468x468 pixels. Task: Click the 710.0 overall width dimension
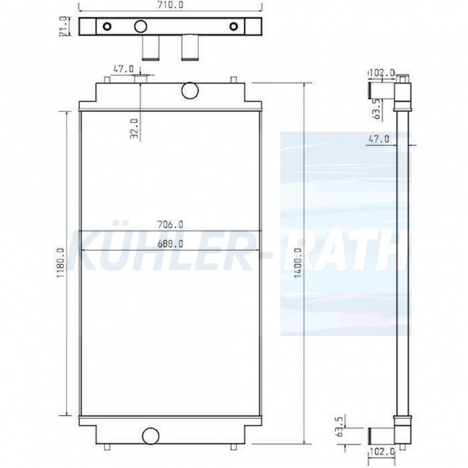tap(170, 5)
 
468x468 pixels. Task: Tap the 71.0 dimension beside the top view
tap(63, 27)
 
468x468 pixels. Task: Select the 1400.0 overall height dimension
tap(298, 263)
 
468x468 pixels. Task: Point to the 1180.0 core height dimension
tap(61, 263)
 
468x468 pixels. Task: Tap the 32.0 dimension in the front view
tap(134, 129)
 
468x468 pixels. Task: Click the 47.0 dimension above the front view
tap(124, 69)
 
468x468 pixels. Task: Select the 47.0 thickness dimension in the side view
tap(379, 139)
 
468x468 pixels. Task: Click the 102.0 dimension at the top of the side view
tap(382, 72)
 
